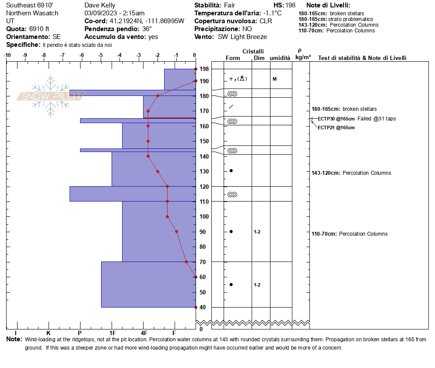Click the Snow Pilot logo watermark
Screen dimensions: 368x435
tap(50, 96)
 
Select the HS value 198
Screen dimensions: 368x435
tap(290, 5)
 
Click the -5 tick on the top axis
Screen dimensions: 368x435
tap(101, 55)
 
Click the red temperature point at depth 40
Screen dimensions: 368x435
tap(196, 307)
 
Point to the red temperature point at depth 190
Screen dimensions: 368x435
tap(196, 81)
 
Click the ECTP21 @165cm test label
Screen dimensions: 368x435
tap(336, 127)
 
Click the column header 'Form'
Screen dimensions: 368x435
tap(232, 58)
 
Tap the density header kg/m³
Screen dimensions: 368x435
tap(302, 57)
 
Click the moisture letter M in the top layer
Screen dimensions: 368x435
tap(274, 79)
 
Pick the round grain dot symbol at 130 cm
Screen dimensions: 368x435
tap(231, 170)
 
